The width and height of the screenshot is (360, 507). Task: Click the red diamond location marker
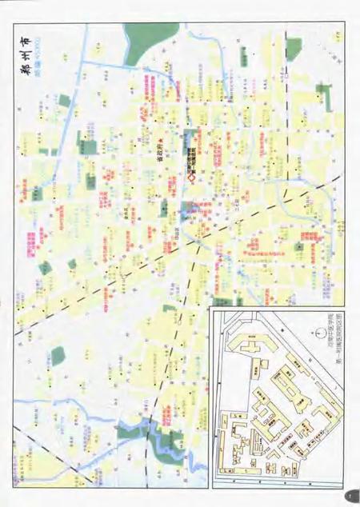pos(193,179)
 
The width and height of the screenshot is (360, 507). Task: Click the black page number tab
pos(350,494)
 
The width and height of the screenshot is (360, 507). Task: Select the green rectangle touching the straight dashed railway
pos(191,212)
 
